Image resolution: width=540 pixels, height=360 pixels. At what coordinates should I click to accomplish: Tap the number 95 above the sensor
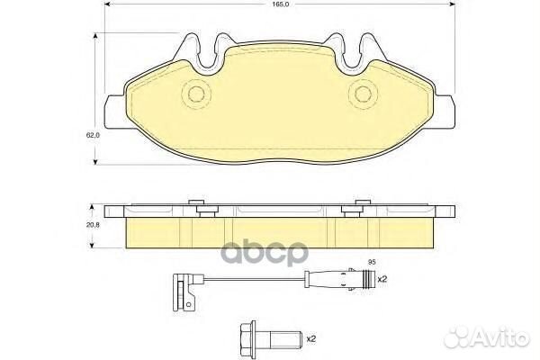click(x=369, y=262)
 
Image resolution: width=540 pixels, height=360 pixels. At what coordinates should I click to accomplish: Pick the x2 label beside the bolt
click(x=311, y=338)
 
